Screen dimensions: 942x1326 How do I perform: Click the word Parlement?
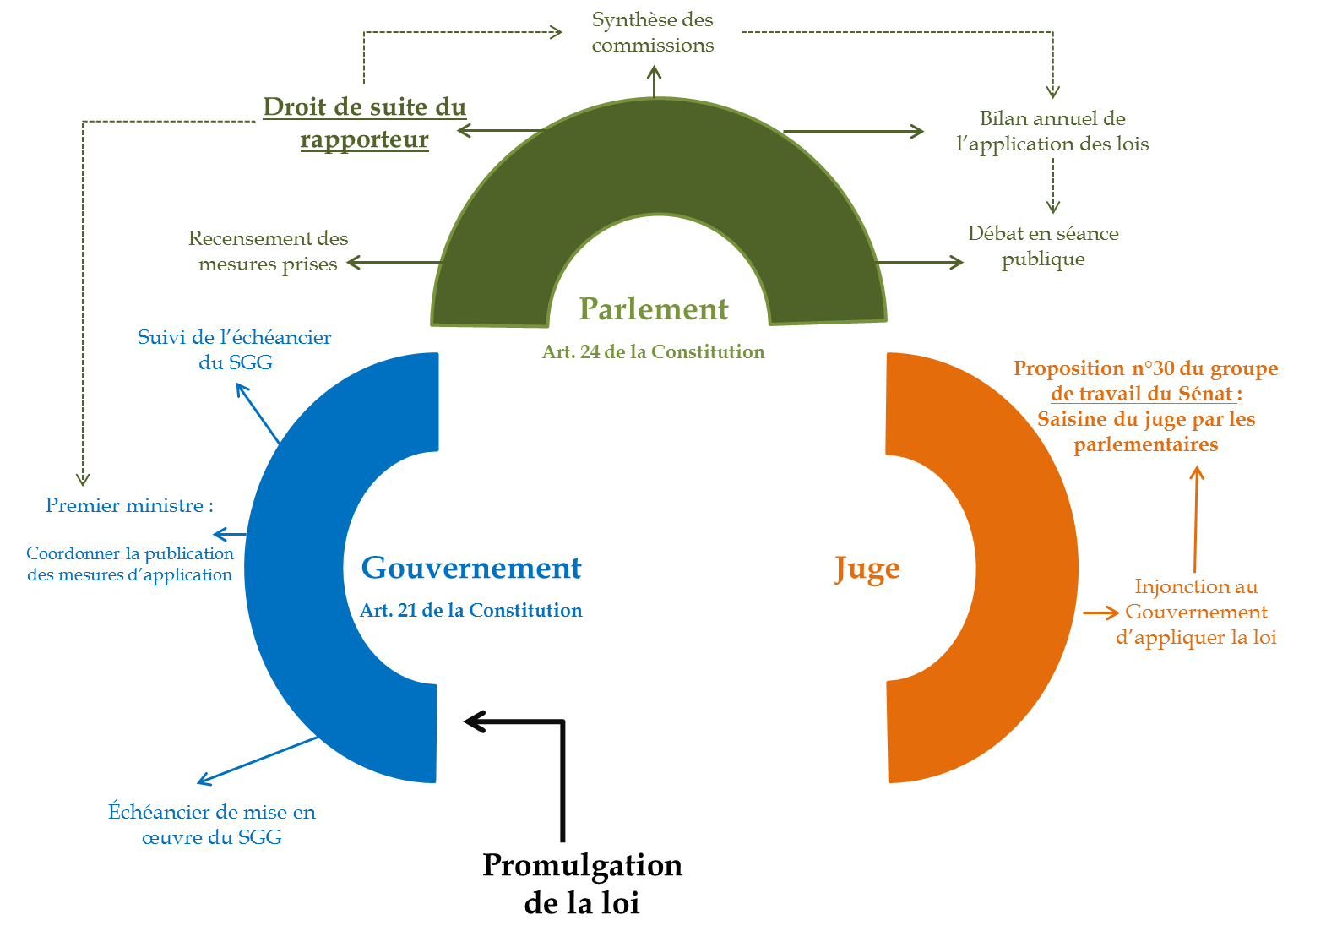pos(653,309)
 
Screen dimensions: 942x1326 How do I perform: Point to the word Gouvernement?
pos(471,569)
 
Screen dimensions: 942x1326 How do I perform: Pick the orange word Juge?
pos(867,569)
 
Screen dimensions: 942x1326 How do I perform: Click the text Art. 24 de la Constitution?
pos(653,352)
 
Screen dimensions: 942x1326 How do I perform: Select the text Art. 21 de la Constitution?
pos(471,611)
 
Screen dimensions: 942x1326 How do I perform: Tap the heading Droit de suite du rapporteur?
pos(364,123)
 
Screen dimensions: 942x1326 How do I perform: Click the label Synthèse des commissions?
pos(653,32)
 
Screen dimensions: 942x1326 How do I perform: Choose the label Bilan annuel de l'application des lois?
pos(1052,131)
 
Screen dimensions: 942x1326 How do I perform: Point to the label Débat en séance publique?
pos(1043,246)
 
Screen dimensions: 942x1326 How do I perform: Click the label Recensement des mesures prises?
pos(268,251)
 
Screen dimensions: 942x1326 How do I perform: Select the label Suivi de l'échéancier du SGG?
pos(235,350)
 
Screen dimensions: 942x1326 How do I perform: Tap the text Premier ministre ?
pos(129,506)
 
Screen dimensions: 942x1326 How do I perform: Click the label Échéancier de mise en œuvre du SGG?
pos(212,825)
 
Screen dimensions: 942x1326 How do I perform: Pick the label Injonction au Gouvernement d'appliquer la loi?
pos(1196,612)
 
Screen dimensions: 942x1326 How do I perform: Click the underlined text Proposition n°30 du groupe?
pos(1145,369)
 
